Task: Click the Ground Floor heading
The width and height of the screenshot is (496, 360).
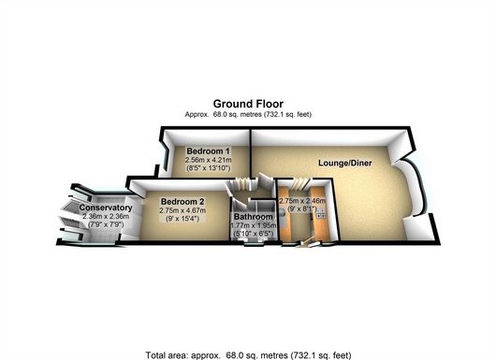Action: tap(248, 104)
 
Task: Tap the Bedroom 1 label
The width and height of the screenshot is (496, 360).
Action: tap(208, 151)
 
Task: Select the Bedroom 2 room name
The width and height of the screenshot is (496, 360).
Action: tap(182, 202)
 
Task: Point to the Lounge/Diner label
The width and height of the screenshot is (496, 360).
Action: tap(345, 163)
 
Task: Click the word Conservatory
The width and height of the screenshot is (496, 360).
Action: tap(106, 208)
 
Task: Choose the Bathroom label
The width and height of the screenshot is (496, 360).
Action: tap(254, 217)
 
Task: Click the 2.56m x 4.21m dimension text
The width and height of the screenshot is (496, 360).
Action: tap(208, 160)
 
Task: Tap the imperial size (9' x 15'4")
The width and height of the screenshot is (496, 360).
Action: tap(182, 219)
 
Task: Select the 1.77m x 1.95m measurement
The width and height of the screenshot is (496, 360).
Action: tap(254, 225)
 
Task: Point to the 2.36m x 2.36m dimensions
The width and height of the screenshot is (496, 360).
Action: tap(106, 217)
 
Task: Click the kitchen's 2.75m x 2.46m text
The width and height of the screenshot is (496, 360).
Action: tap(302, 201)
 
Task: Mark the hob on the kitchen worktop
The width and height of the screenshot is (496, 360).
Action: tap(321, 213)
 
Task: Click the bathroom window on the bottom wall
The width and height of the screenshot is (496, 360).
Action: tap(254, 244)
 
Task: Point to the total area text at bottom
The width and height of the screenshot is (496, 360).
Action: tap(248, 355)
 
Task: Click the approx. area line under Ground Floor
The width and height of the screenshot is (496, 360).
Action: tap(248, 114)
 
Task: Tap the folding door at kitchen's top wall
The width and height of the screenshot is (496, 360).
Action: tap(299, 184)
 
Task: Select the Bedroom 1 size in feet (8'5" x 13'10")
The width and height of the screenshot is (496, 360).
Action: tap(208, 168)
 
